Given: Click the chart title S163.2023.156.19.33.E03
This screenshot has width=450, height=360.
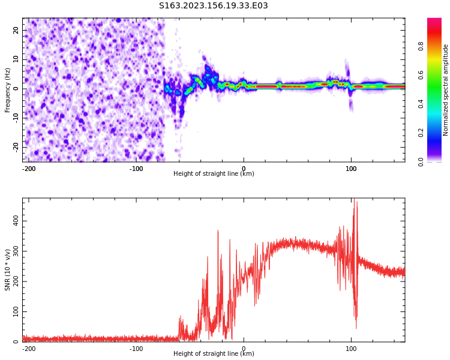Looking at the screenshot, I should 213,6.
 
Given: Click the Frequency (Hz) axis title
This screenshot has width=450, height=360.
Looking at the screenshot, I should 8,89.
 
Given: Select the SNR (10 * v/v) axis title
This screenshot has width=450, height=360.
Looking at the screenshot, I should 8,269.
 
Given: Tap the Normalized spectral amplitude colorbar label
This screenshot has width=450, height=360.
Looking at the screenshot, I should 446,89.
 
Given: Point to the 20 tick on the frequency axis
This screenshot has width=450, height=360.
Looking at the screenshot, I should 16,30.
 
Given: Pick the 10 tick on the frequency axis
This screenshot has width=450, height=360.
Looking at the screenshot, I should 16,59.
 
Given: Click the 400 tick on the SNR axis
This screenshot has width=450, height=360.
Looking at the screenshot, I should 16,221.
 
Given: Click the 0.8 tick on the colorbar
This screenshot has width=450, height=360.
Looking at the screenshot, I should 421,46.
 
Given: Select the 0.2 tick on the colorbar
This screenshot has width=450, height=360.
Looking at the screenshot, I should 421,133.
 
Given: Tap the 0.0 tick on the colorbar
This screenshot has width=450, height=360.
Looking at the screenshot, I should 421,161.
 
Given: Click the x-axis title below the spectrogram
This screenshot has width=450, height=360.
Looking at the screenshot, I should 214,174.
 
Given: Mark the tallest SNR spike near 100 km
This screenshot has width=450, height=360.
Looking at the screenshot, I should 354,199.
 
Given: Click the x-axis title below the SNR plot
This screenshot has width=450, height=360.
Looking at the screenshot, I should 214,354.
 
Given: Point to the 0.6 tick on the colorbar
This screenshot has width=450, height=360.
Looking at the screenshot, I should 421,75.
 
